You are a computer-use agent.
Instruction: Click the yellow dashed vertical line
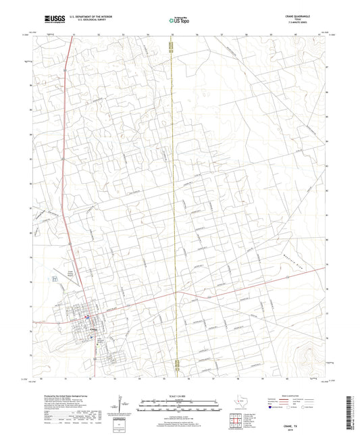tap(174, 203)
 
